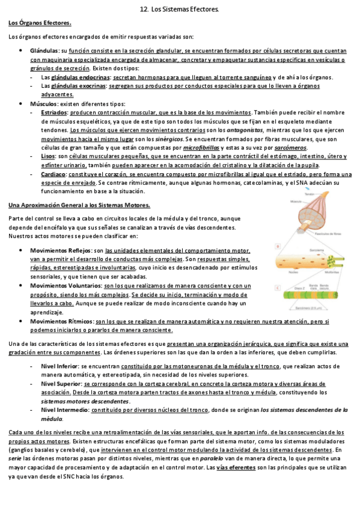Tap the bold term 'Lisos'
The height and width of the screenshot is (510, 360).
coord(49,156)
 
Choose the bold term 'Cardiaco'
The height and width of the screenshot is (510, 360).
coord(54,174)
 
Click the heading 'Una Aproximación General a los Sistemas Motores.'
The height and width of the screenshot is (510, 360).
coord(79,204)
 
